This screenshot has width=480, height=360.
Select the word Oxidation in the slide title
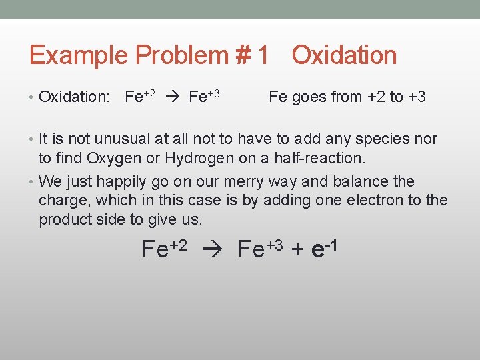tap(344, 55)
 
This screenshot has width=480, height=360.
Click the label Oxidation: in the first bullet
tap(74, 97)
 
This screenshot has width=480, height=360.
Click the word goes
tap(307, 97)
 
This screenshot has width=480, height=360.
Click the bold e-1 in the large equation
tap(323, 248)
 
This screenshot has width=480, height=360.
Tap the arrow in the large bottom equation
tap(211, 250)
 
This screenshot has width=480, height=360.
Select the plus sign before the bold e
tap(297, 250)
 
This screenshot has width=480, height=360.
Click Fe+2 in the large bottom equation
tap(164, 249)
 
